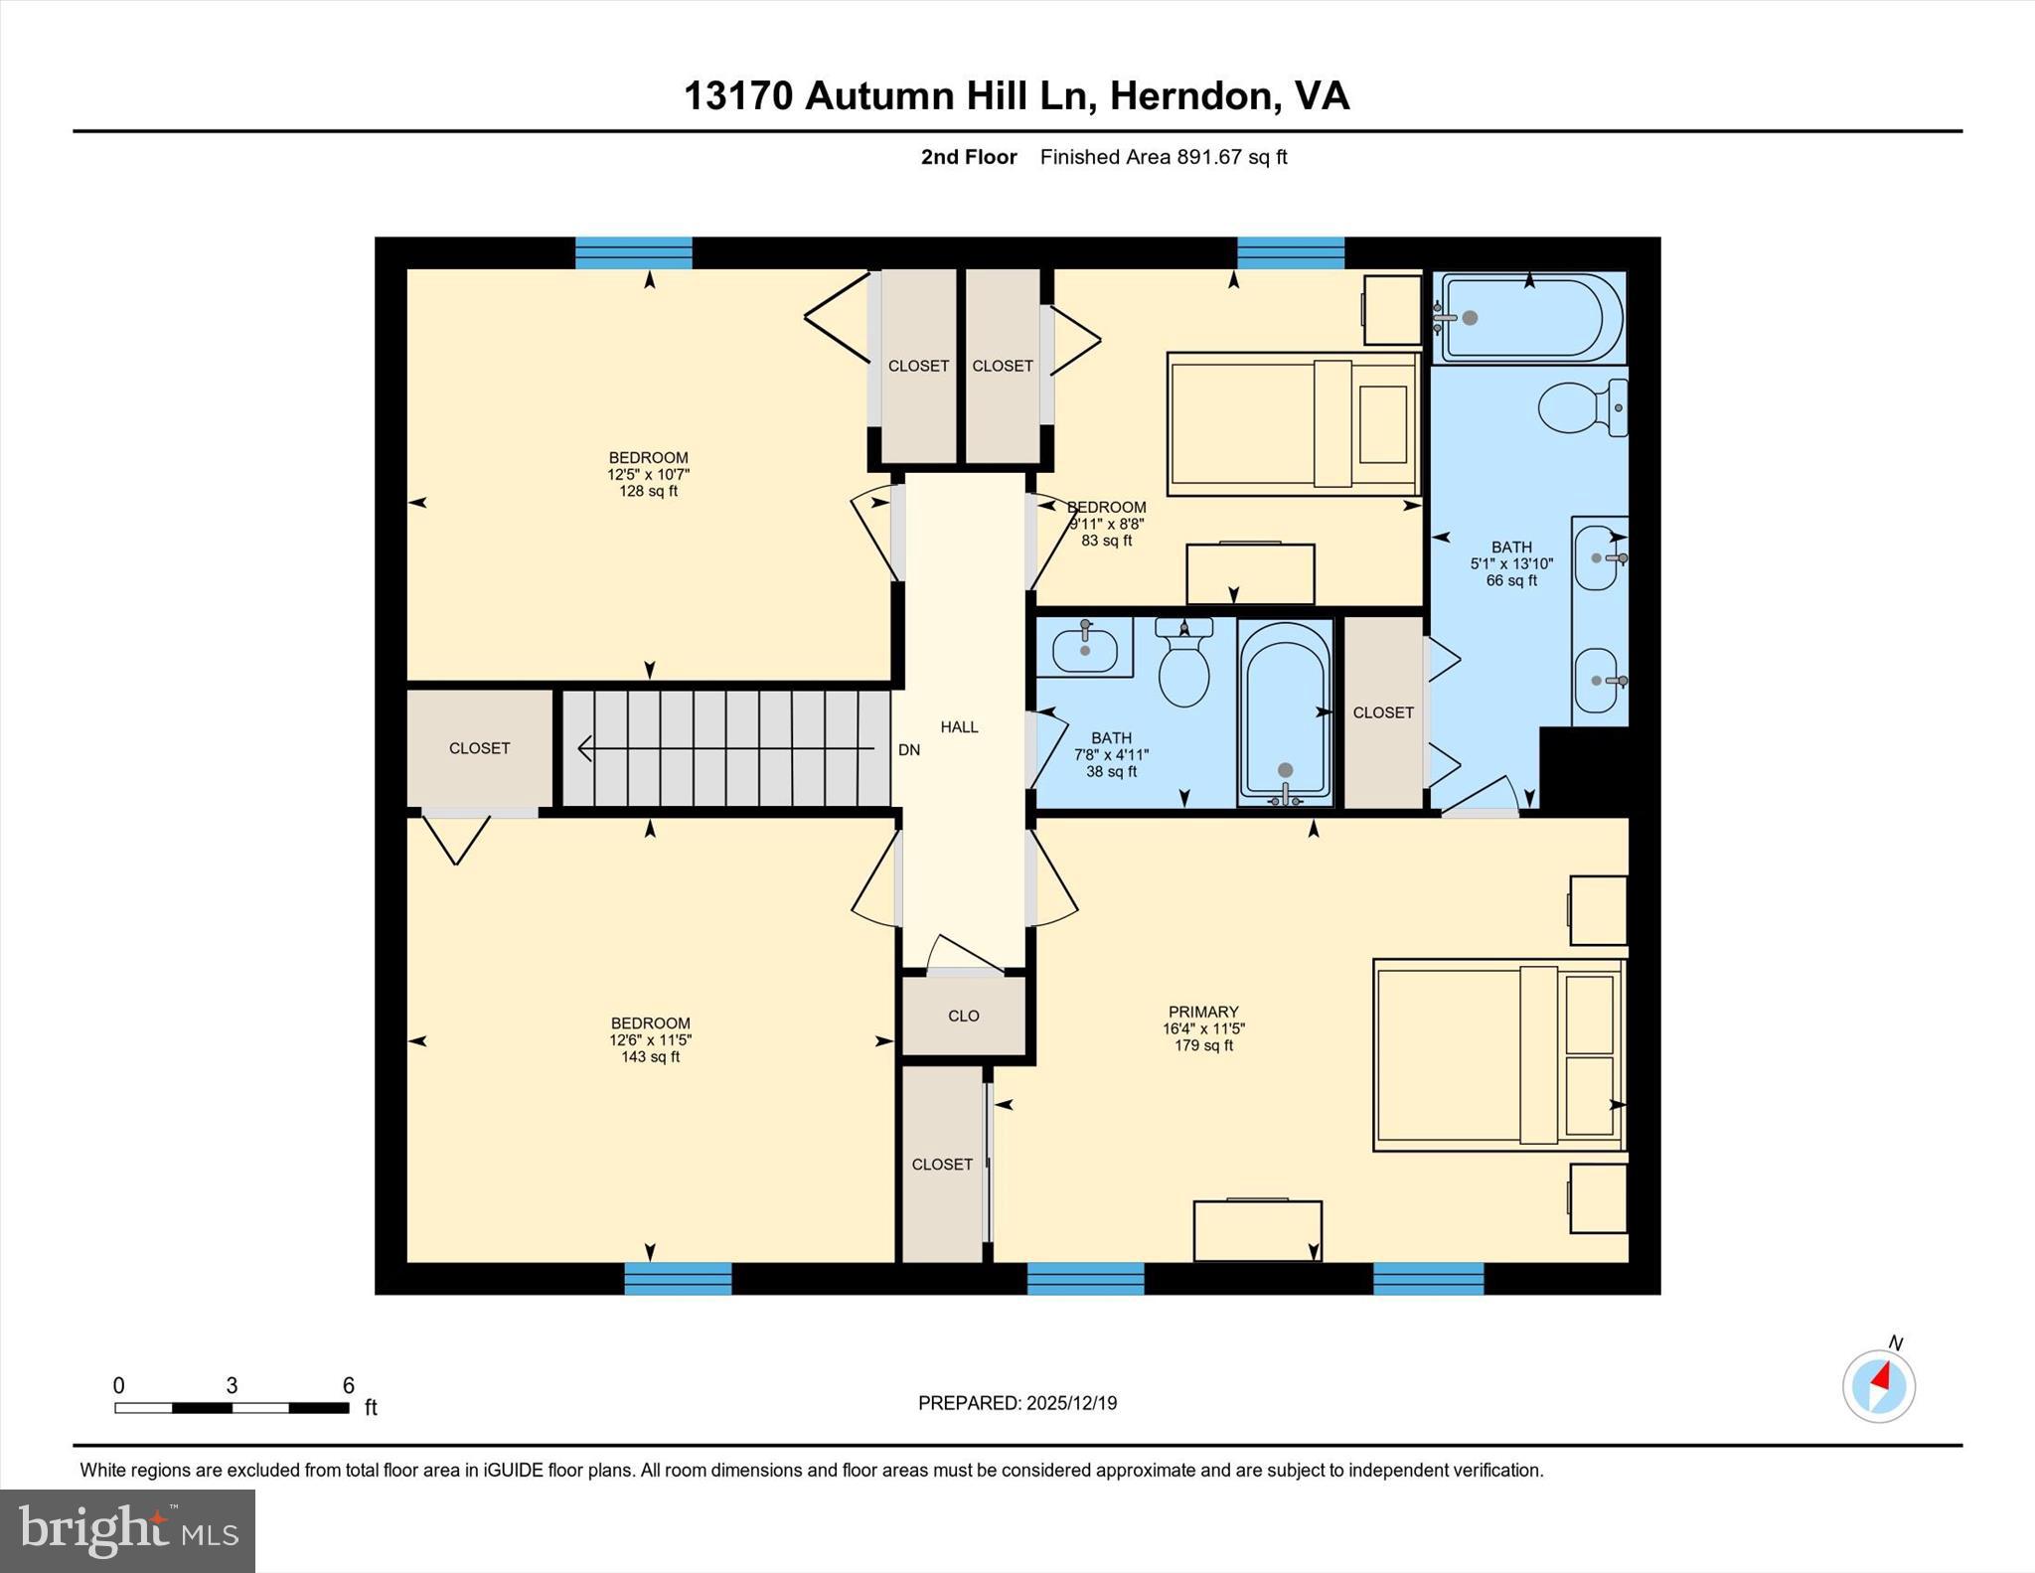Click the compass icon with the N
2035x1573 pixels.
tap(1878, 1385)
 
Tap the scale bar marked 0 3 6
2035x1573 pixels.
tap(232, 1407)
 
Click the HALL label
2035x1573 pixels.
tap(959, 726)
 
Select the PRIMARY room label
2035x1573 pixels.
tap(1203, 1012)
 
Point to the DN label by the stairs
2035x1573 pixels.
tap(908, 750)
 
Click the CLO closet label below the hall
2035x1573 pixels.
tap(963, 1016)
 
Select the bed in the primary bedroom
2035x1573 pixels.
tap(1497, 1054)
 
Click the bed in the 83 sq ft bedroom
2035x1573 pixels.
tap(1293, 423)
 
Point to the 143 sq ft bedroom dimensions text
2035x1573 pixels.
tap(650, 1040)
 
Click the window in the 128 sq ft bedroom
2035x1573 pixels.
tap(634, 252)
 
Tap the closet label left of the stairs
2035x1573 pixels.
tap(479, 748)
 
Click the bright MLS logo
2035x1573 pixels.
tap(127, 1530)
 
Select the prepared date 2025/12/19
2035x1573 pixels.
tap(1017, 1403)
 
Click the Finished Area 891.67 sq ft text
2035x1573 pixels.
tap(1163, 157)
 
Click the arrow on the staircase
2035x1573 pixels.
tap(725, 748)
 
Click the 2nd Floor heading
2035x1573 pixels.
tap(968, 157)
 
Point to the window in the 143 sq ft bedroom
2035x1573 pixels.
tap(678, 1278)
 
